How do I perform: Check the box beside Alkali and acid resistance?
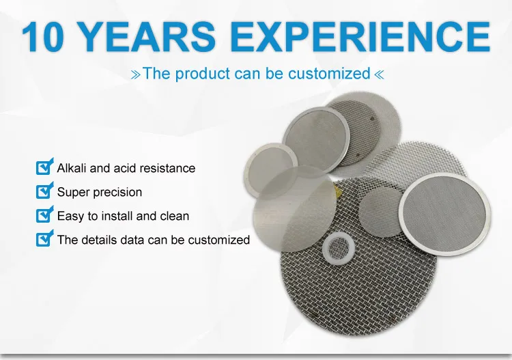coord(44,167)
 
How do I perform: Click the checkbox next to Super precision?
coord(44,191)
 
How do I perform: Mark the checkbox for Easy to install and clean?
coord(44,215)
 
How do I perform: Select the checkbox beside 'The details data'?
coord(44,239)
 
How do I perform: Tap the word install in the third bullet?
coord(108,216)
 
